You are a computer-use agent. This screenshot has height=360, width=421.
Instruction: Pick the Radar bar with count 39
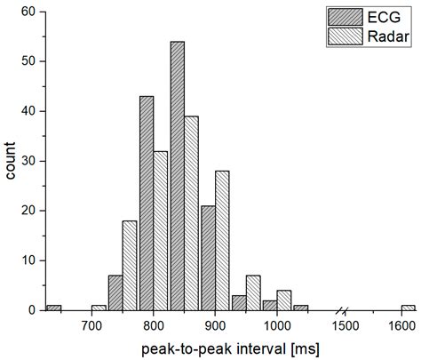click(x=191, y=213)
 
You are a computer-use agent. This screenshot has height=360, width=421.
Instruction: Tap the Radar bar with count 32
click(x=161, y=230)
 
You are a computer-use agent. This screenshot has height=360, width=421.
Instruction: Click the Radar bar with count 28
click(x=222, y=240)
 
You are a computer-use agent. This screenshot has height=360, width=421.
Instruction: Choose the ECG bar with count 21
click(x=208, y=258)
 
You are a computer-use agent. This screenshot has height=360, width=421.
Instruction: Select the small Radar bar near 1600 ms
click(x=408, y=308)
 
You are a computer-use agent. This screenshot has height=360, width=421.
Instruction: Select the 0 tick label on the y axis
click(x=33, y=310)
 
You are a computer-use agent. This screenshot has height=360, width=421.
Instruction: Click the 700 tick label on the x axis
click(x=91, y=325)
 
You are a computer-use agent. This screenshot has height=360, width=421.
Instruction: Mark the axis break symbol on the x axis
click(x=342, y=310)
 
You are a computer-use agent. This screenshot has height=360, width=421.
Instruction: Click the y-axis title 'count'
click(x=11, y=160)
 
